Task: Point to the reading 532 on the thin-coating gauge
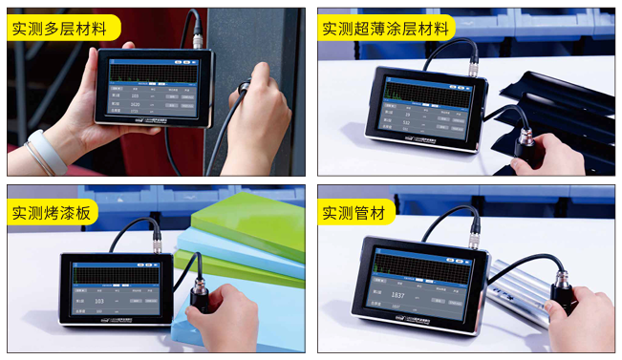[x=407, y=122]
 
